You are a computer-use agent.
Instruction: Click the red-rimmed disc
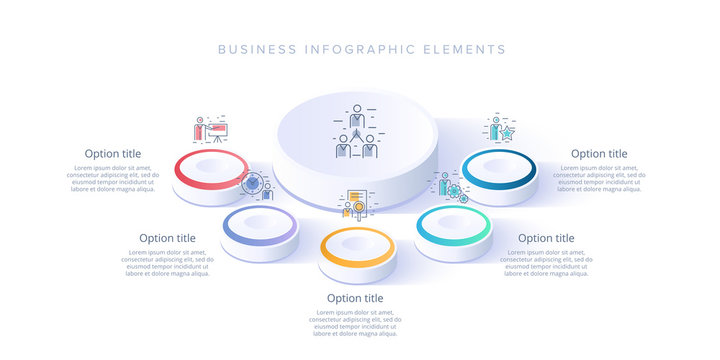211,170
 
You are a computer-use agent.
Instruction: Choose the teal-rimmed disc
454,226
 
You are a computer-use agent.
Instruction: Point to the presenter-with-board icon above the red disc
210,130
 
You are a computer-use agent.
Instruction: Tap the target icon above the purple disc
254,185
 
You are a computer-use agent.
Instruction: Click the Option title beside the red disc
113,153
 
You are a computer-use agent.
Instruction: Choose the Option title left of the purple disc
167,238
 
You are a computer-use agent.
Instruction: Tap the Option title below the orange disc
355,298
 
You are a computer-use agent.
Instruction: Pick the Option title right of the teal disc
546,238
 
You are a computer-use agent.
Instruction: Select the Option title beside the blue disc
599,153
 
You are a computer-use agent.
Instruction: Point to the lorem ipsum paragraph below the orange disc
355,324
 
